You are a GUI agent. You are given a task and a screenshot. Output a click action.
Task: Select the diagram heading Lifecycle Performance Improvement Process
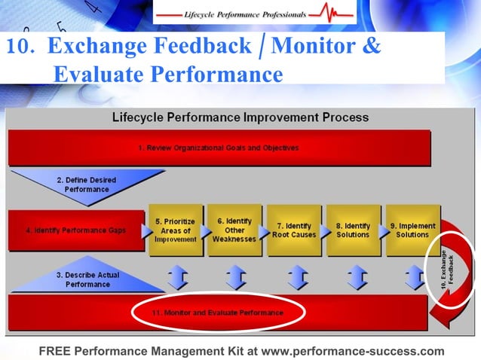point(240,117)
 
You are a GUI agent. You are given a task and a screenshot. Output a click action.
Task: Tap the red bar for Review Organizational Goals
point(219,148)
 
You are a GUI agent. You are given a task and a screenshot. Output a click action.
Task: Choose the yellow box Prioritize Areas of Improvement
point(176,230)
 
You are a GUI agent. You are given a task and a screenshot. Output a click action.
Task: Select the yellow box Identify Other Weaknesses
point(234,230)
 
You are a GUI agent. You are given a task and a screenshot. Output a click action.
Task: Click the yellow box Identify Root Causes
point(293,230)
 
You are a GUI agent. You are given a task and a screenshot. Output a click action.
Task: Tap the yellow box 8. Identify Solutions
point(352,230)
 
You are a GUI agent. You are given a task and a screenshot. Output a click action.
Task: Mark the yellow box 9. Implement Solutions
point(412,230)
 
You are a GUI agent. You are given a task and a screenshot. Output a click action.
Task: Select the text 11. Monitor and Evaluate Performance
point(216,312)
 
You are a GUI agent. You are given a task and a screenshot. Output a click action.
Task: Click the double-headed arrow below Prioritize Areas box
point(177,277)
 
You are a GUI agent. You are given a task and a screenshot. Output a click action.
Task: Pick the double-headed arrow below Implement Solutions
point(414,277)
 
